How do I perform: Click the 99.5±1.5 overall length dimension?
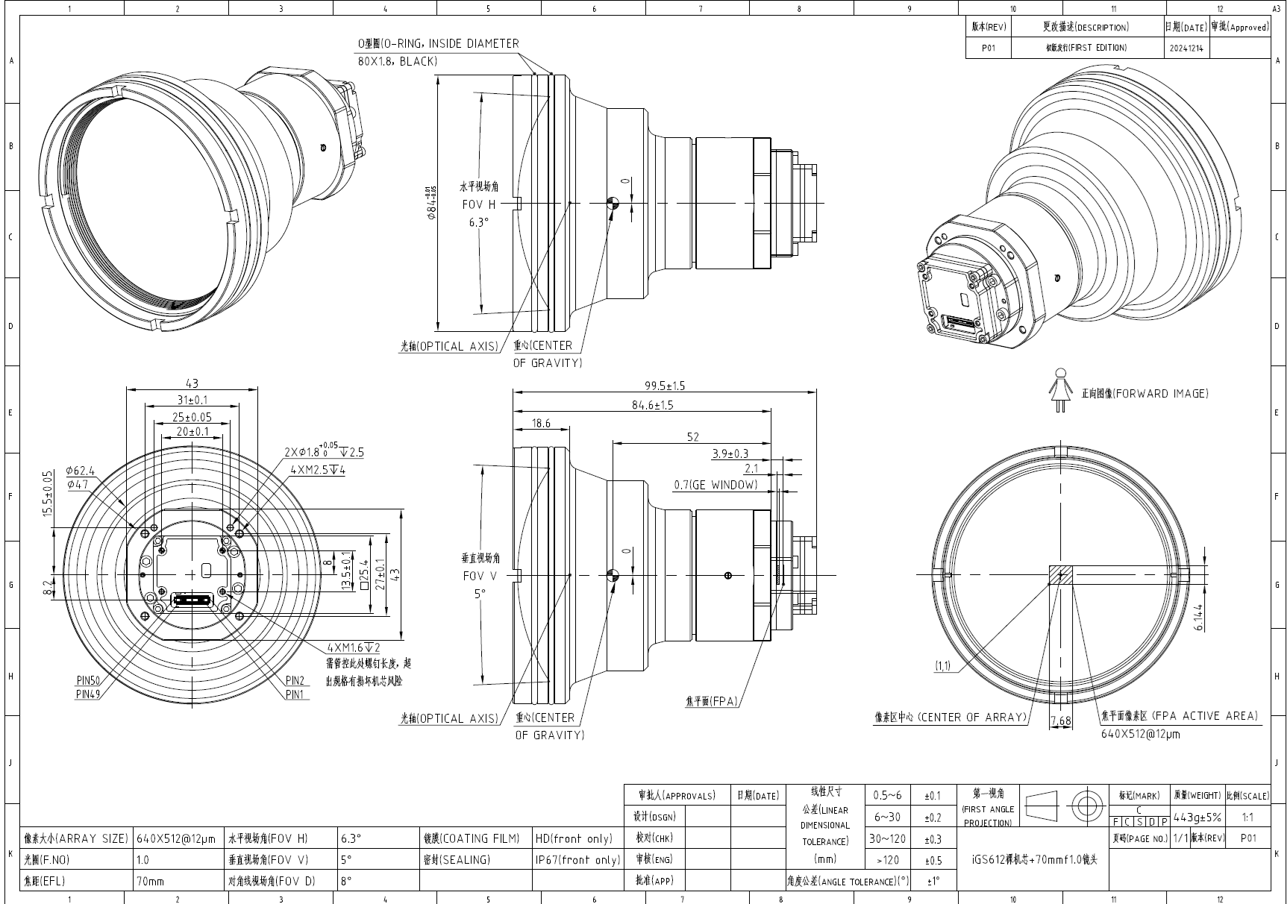(x=665, y=386)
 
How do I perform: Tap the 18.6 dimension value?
(x=541, y=424)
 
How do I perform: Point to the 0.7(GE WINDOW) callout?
(x=715, y=485)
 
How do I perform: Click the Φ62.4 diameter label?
(x=81, y=471)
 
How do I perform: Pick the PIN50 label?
(x=88, y=680)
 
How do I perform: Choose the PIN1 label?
(x=296, y=694)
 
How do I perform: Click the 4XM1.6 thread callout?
(x=354, y=647)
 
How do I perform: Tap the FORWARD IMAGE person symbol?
(x=1059, y=393)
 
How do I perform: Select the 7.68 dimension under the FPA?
(x=1060, y=721)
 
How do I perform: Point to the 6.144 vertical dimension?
(x=1198, y=617)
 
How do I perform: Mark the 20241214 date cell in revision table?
(x=1186, y=48)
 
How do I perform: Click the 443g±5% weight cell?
(x=1197, y=817)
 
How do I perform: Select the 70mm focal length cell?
(x=151, y=881)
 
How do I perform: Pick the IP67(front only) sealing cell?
(x=577, y=860)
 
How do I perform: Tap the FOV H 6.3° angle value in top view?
(x=479, y=222)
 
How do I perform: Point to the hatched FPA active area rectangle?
(x=1060, y=575)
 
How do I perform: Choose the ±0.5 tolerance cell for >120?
(x=933, y=860)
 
